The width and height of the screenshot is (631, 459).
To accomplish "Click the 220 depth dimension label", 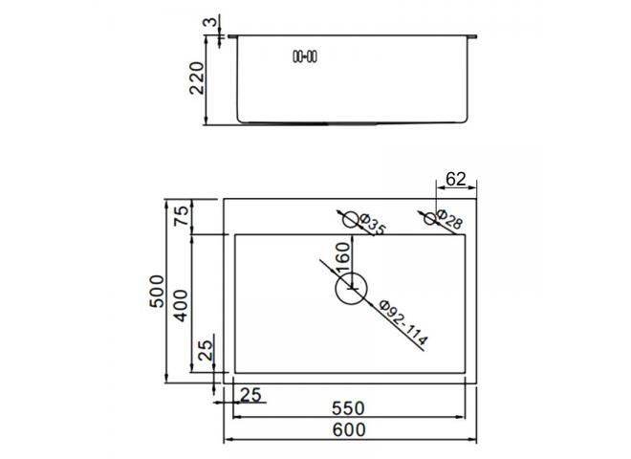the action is [x=197, y=78].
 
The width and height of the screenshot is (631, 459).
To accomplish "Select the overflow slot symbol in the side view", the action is [x=305, y=56].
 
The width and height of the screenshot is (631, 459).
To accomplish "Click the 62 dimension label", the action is [x=455, y=179].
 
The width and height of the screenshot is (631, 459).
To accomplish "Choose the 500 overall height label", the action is [x=157, y=291].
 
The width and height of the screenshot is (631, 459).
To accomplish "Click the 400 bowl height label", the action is [x=181, y=306].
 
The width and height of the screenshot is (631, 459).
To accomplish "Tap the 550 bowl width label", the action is [x=349, y=408].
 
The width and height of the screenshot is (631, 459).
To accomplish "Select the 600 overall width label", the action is [x=349, y=430].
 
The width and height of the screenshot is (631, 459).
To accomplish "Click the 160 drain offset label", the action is [x=343, y=258].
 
